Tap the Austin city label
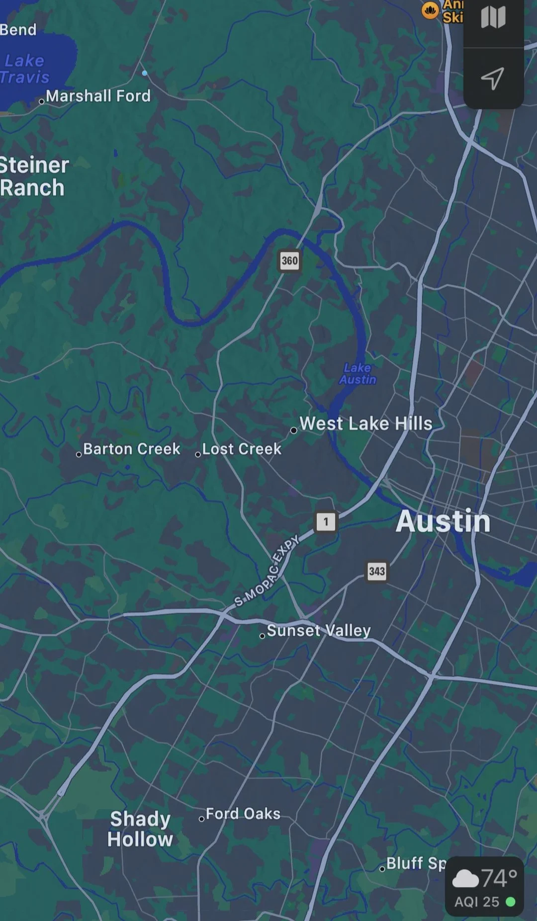[x=443, y=521]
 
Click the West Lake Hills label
[x=365, y=423]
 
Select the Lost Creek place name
[x=242, y=449]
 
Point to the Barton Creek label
[x=131, y=449]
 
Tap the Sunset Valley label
[x=319, y=630]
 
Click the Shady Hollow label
[x=140, y=829]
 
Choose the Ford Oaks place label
[x=243, y=814]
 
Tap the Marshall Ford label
[x=98, y=95]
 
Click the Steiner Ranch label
[x=34, y=176]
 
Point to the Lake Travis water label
[x=25, y=69]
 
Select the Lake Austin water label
[x=358, y=374]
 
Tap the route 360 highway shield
[x=289, y=260]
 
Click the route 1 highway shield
[x=326, y=521]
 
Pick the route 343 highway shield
[x=376, y=571]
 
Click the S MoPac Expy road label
[x=267, y=571]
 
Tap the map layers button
[x=493, y=18]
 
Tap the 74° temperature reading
[x=499, y=878]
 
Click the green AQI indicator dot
[x=510, y=902]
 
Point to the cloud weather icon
[x=465, y=879]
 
